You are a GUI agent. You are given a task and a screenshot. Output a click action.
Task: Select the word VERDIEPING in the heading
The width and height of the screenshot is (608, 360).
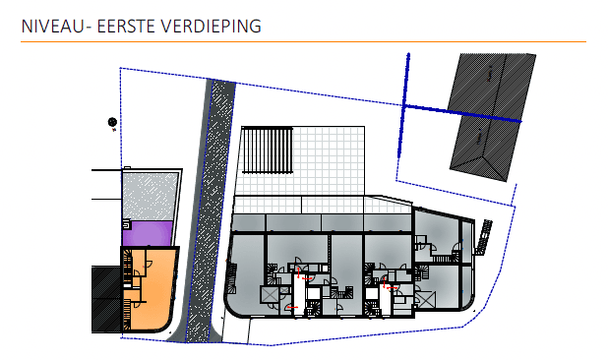(213, 26)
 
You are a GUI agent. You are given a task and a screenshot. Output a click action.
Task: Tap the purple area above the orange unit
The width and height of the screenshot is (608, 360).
(148, 233)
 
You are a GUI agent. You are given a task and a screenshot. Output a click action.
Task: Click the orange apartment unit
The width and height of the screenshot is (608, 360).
(152, 290)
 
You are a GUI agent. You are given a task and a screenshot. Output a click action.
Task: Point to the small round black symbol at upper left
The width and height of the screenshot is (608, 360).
(112, 122)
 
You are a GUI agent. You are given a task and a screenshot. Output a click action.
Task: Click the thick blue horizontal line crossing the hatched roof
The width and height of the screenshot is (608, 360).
(462, 111)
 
